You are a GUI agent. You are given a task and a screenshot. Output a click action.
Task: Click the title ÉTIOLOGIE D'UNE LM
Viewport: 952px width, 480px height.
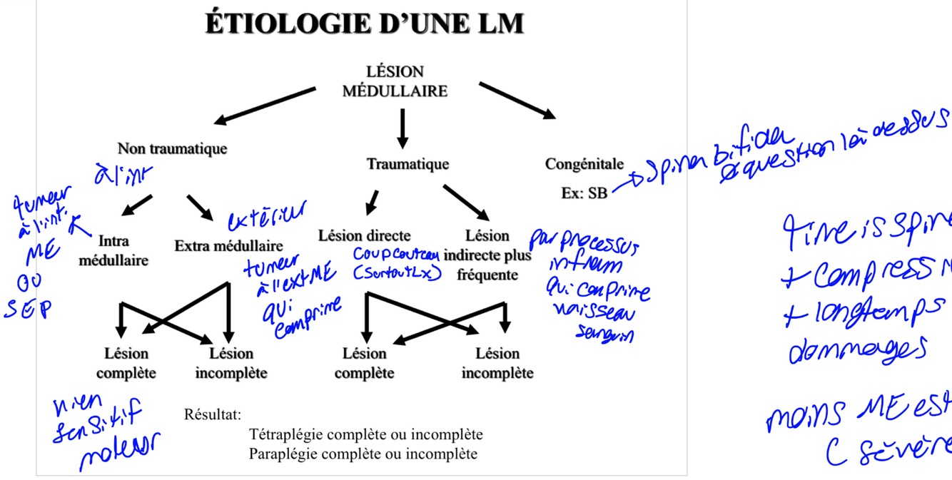click(364, 24)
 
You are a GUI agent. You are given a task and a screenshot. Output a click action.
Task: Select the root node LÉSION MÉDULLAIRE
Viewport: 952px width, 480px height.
click(395, 81)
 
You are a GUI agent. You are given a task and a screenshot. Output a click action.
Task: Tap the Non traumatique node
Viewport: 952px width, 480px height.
click(172, 148)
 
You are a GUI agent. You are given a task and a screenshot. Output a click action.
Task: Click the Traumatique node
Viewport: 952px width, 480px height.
click(407, 164)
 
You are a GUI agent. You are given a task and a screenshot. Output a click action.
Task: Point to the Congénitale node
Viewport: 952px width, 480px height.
click(584, 164)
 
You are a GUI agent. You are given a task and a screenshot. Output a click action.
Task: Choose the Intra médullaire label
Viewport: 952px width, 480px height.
click(113, 250)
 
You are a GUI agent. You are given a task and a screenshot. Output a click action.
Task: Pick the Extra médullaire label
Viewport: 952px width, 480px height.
click(228, 246)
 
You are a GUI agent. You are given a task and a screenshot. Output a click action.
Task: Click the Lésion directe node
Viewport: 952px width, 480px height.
click(364, 235)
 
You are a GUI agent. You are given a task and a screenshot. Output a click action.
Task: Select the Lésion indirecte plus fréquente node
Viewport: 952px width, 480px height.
click(487, 255)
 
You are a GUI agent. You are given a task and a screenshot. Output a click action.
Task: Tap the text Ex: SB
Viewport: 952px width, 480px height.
click(584, 193)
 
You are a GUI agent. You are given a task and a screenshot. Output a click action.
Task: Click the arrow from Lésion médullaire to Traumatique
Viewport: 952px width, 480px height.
click(402, 128)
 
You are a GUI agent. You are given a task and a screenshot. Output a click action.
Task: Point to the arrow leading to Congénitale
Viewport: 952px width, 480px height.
click(516, 100)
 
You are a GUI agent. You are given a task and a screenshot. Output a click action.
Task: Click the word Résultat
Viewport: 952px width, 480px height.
click(213, 414)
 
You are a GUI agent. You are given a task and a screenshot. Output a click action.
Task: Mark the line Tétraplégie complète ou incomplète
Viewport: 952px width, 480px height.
click(365, 434)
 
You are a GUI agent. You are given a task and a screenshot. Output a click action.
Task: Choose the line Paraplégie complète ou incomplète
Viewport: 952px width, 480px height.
click(363, 454)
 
